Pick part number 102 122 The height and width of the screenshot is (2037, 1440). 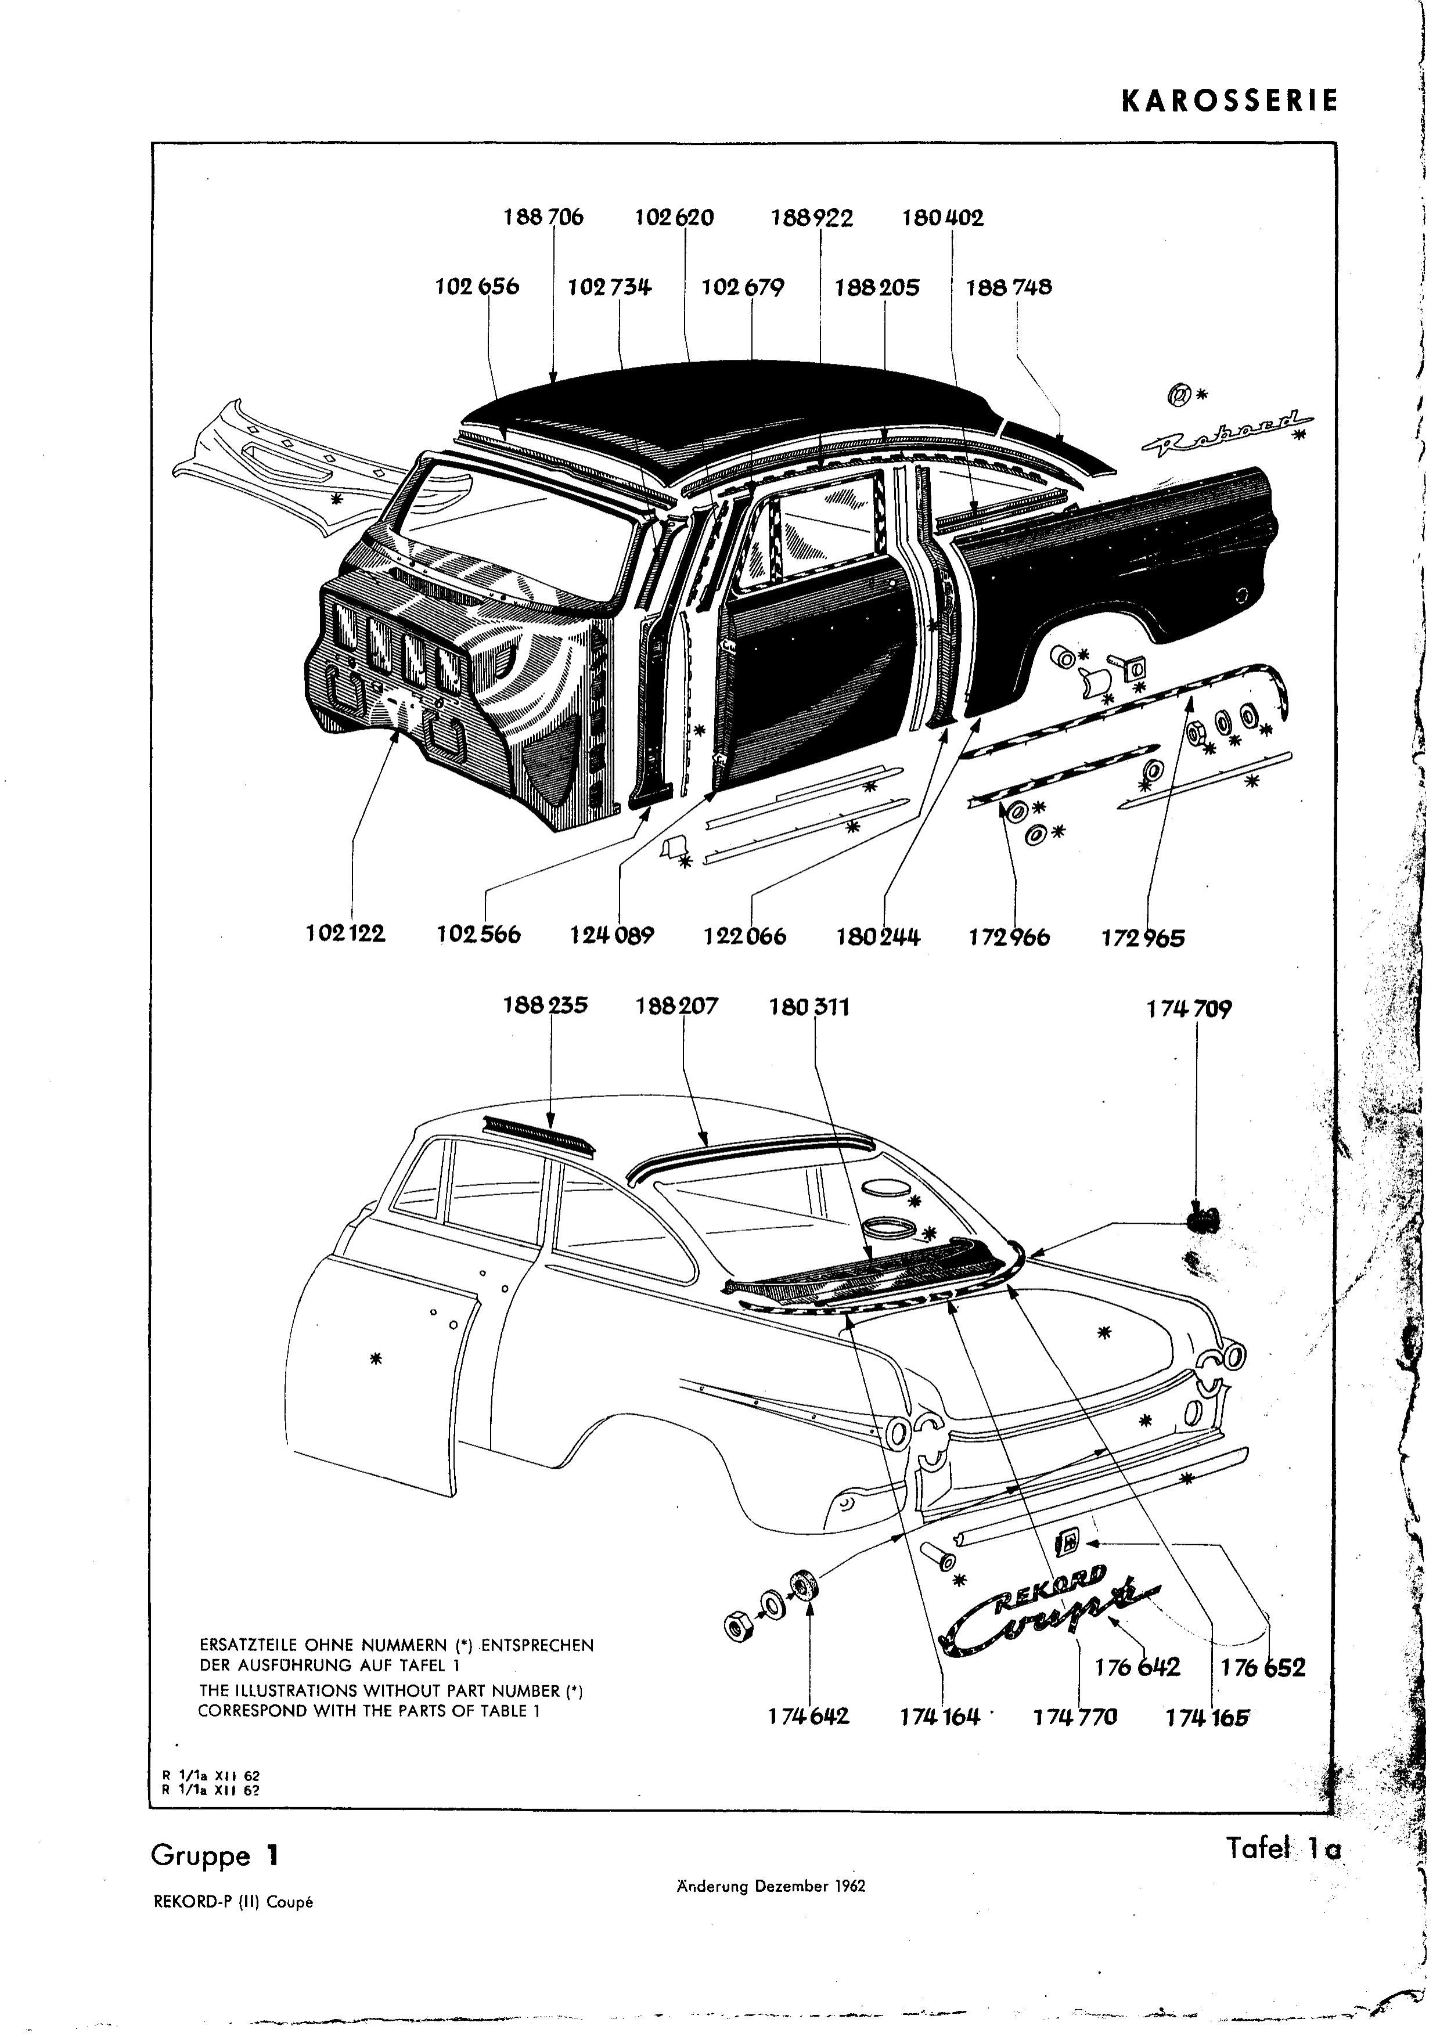pos(346,934)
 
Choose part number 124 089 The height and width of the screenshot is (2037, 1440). pos(612,936)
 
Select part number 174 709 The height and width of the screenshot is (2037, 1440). pos(1189,1010)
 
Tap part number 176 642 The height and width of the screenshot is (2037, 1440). pos(1137,1668)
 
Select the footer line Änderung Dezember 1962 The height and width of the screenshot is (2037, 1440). pos(770,1886)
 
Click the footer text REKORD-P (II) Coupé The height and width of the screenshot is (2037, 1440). pos(234,1902)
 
